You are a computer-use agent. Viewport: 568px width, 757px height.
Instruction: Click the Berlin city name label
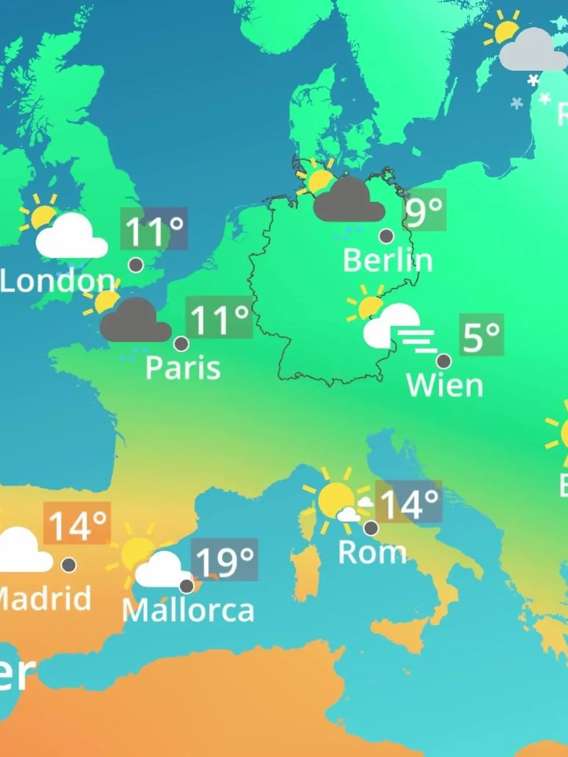click(388, 260)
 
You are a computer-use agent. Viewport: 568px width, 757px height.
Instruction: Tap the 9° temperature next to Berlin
click(425, 210)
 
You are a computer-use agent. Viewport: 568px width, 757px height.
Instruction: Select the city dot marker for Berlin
click(386, 236)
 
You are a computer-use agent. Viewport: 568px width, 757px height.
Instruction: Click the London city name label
click(57, 281)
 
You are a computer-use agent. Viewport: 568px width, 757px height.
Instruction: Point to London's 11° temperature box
click(154, 229)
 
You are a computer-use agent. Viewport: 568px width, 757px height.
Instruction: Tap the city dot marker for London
click(136, 265)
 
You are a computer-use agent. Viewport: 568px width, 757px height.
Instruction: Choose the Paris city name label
click(183, 368)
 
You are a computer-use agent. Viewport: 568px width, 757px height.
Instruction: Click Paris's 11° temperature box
click(219, 317)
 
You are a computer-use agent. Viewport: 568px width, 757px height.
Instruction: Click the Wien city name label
click(444, 386)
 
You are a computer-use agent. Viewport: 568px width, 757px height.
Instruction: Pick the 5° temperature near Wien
click(481, 335)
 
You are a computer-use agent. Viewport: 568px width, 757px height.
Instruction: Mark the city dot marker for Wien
click(444, 361)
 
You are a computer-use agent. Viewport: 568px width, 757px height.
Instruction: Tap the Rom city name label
click(372, 552)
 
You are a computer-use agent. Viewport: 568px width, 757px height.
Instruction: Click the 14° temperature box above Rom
click(409, 502)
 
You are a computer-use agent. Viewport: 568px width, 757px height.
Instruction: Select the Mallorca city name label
click(188, 610)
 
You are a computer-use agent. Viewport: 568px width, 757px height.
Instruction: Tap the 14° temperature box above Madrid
click(77, 523)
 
